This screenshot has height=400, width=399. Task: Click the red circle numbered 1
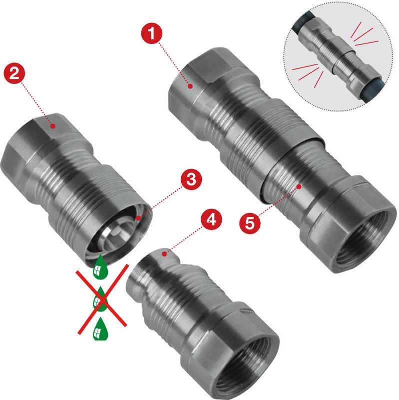point(152,33)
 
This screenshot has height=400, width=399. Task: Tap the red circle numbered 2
point(14,73)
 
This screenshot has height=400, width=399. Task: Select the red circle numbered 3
point(191,179)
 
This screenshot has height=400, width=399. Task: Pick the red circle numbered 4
point(211,219)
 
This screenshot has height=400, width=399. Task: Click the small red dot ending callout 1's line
point(190,86)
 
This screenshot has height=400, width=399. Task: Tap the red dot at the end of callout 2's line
point(53,126)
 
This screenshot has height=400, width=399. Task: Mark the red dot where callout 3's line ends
point(138,218)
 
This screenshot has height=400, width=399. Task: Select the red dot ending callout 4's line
point(165,254)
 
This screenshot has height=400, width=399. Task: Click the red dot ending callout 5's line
point(299,186)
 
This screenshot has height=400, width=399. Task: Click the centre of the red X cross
point(102,299)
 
